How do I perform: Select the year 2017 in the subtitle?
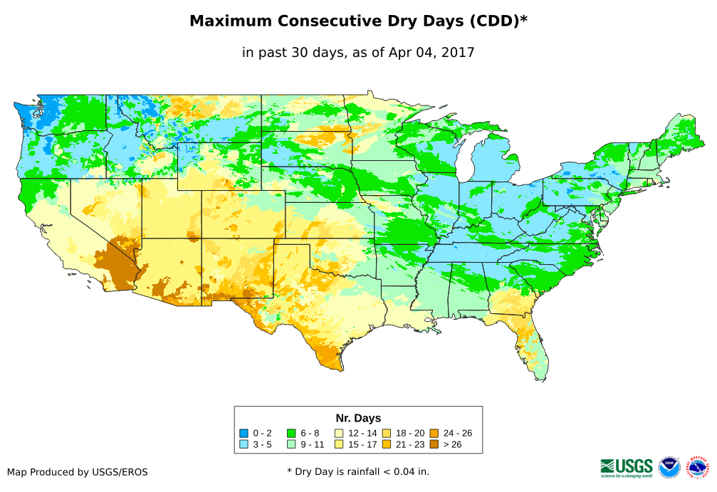pos(459,53)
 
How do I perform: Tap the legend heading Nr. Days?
pos(358,418)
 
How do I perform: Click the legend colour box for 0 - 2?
pos(244,433)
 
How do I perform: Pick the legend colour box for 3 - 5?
pos(244,444)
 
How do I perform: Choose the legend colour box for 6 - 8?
pos(292,433)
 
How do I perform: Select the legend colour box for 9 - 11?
pos(292,444)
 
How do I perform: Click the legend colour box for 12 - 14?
pos(340,433)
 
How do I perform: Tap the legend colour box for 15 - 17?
pos(340,444)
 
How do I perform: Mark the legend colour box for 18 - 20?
pos(387,433)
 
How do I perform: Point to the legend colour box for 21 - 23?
pos(387,444)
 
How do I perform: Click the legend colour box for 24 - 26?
pos(434,433)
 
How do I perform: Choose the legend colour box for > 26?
pos(434,444)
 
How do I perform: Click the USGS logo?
pos(627,467)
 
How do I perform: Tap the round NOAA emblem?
pos(669,467)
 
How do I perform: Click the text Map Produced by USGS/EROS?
pos(78,472)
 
